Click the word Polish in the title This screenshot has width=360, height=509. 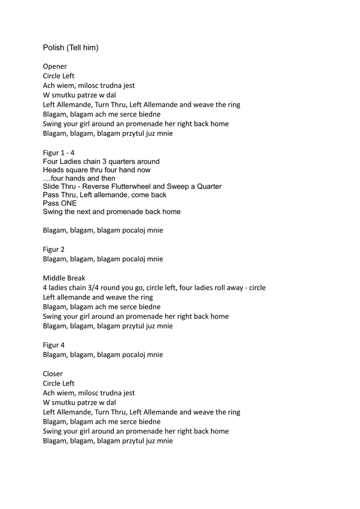click(x=53, y=48)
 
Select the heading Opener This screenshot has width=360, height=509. click(x=55, y=66)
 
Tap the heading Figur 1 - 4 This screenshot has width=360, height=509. click(x=59, y=153)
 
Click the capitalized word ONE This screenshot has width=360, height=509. click(x=69, y=203)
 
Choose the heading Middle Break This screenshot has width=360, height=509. click(x=64, y=278)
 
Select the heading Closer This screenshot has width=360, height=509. click(x=53, y=373)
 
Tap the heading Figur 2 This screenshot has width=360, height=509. click(x=54, y=249)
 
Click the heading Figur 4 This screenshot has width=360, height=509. click(x=54, y=344)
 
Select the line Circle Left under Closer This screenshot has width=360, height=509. click(x=59, y=383)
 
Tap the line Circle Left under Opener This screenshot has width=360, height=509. click(x=59, y=76)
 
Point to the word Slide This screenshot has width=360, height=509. click(x=51, y=186)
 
